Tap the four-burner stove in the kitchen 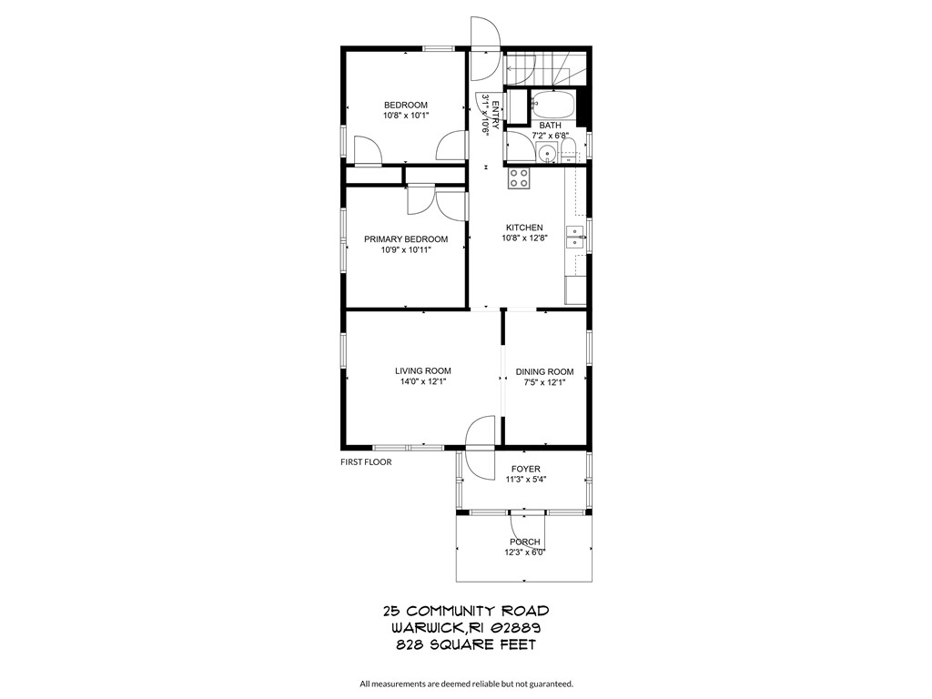519,177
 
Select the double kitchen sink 574,238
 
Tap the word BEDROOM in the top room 405,105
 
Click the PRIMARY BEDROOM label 406,239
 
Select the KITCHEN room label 524,228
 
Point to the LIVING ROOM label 422,370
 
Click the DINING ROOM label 544,371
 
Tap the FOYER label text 525,470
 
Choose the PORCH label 525,542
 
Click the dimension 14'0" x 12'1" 422,382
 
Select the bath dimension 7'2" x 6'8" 550,136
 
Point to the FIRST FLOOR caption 366,462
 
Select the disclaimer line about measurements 466,684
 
